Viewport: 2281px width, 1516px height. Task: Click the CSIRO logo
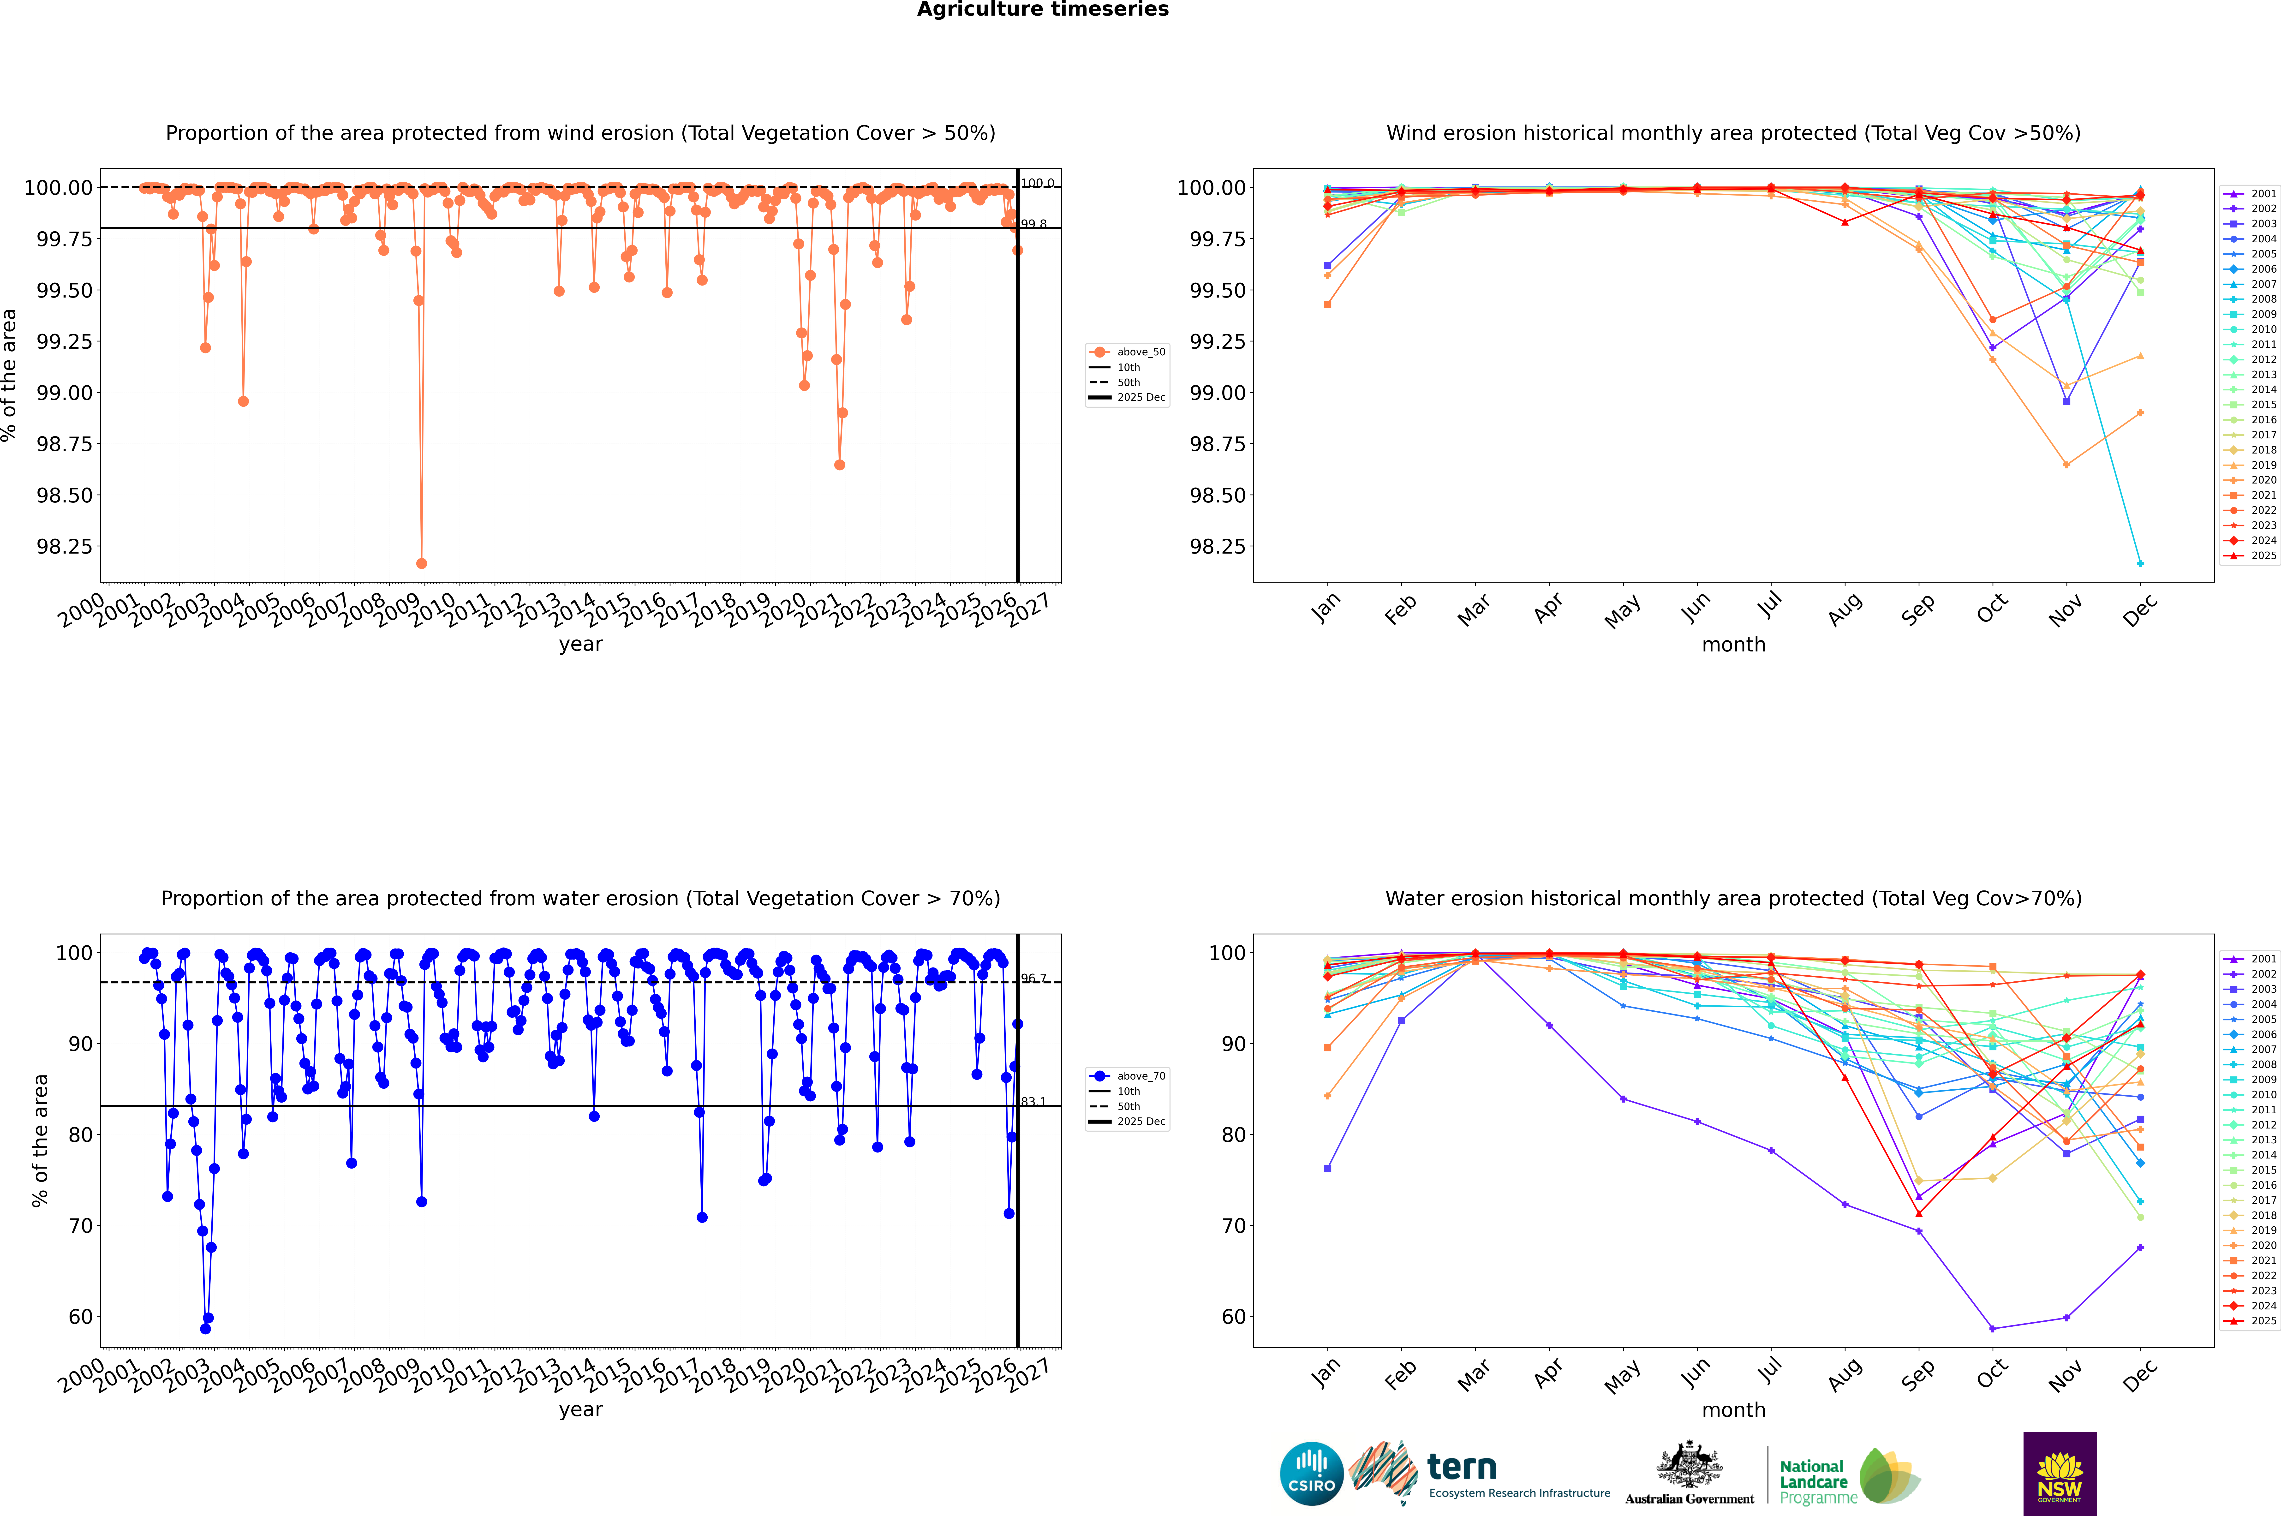tap(1311, 1474)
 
